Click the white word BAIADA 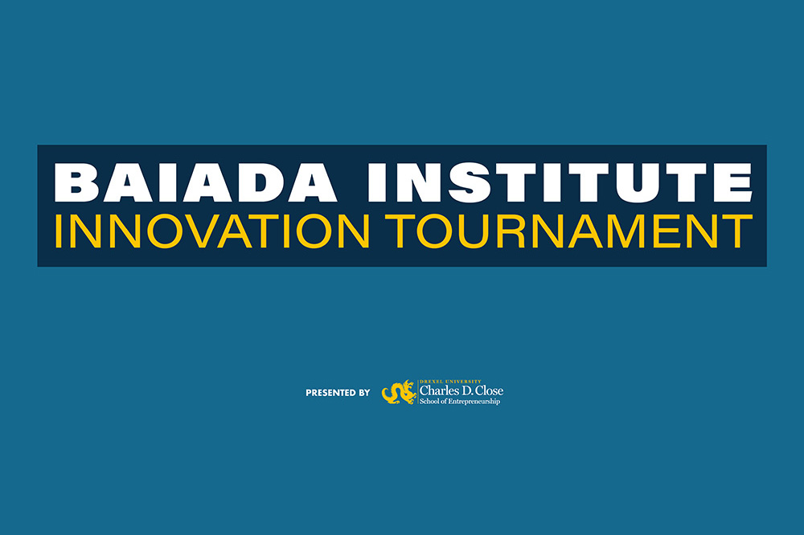coord(195,183)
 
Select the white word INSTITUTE coord(560,183)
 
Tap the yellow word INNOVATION coord(211,231)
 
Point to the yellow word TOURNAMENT coord(568,231)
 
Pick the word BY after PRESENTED coord(364,393)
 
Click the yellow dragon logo coord(399,392)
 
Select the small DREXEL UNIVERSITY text coord(450,382)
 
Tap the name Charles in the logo coord(435,390)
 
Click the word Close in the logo coord(490,390)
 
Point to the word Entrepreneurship coord(474,402)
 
